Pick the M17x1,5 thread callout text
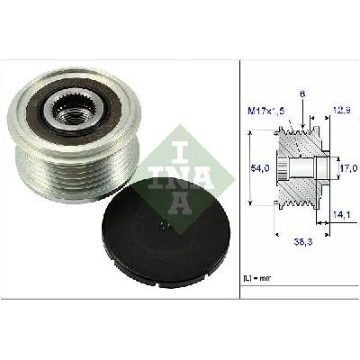(x=265, y=111)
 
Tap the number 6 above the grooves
(x=302, y=94)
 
